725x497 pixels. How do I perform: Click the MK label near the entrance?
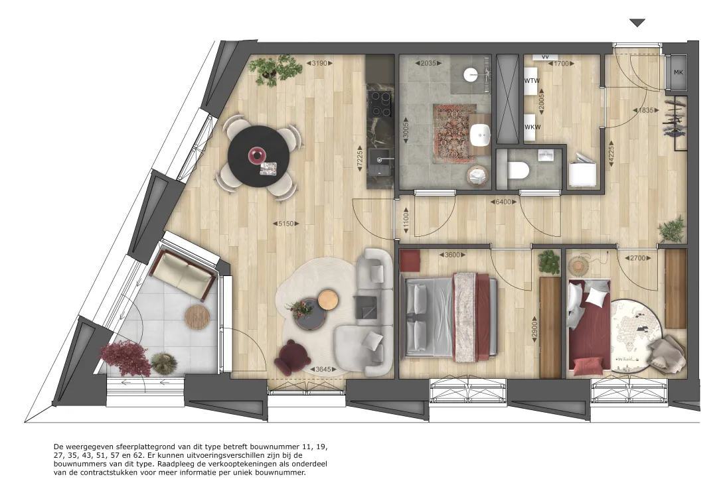point(678,72)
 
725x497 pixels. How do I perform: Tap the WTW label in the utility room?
point(532,80)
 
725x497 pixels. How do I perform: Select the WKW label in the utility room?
point(532,127)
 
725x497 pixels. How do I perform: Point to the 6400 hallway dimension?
point(503,202)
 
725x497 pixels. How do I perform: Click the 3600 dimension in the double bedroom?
point(452,255)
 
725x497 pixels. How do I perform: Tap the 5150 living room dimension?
point(285,224)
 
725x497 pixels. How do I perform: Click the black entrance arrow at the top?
point(637,23)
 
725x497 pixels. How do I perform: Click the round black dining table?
point(259,156)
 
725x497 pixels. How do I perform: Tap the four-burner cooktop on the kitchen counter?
point(380,104)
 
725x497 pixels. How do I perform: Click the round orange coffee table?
point(328,299)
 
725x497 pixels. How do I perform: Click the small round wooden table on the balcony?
point(197,317)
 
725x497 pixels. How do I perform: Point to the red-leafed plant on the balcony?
point(125,358)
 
